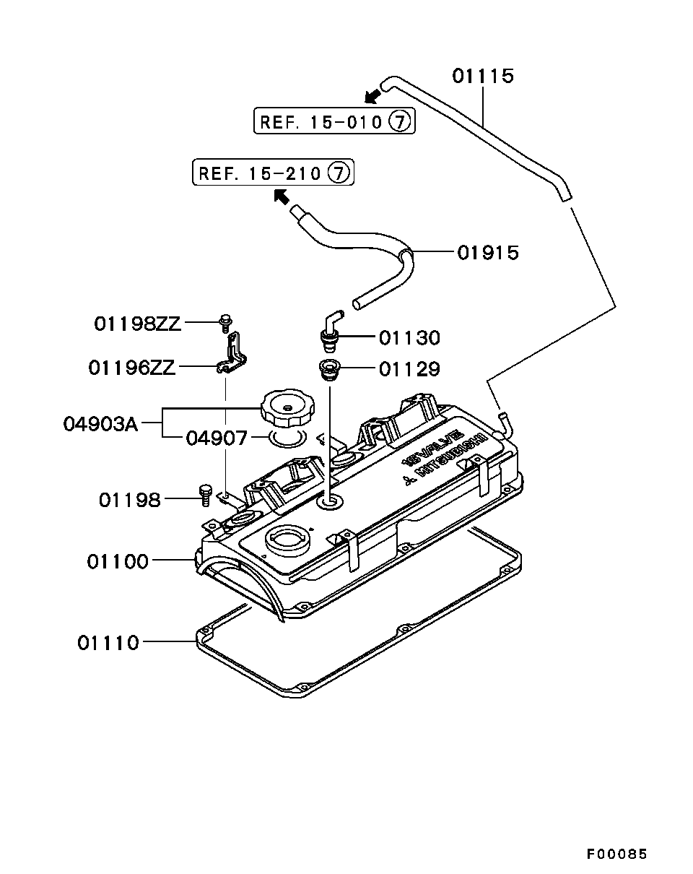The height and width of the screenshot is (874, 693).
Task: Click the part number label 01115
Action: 483,76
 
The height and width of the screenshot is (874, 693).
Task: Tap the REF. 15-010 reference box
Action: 334,121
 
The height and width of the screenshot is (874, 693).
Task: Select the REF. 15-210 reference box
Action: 273,172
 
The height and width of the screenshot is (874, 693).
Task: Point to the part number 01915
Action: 488,252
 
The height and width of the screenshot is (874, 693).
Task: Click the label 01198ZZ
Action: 137,324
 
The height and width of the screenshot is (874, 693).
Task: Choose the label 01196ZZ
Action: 132,368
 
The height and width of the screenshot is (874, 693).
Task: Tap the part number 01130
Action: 409,337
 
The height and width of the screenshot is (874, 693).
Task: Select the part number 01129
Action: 409,369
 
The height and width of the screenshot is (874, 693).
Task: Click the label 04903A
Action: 100,425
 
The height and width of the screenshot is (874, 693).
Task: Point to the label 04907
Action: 217,438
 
